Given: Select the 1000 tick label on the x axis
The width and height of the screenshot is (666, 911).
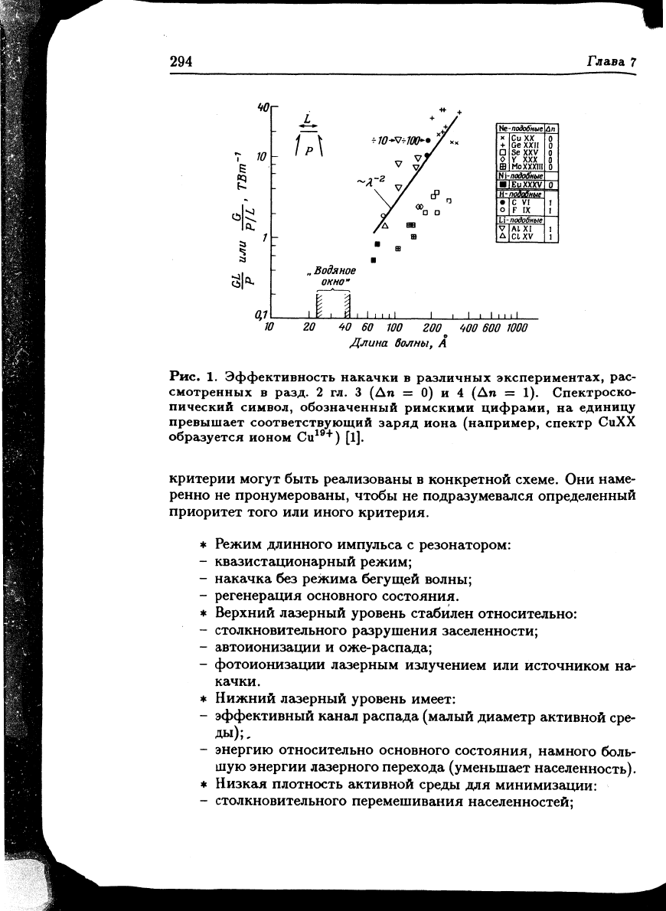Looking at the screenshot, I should (517, 328).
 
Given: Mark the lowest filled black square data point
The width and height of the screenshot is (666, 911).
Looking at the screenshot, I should (373, 260).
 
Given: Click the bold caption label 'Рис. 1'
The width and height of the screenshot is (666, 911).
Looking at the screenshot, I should (188, 376).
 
